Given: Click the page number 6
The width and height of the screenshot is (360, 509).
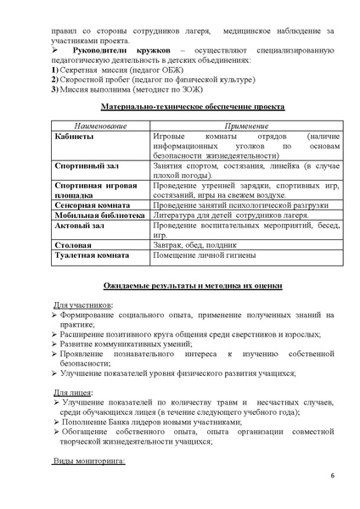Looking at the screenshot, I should pyautogui.click(x=332, y=486).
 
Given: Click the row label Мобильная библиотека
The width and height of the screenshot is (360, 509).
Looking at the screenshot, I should pyautogui.click(x=100, y=215).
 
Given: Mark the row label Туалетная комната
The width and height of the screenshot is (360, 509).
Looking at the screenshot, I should pyautogui.click(x=96, y=255).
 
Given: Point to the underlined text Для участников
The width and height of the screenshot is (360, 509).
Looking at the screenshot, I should pyautogui.click(x=87, y=305).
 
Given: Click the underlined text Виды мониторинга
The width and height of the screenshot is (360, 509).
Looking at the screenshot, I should pyautogui.click(x=90, y=462).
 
